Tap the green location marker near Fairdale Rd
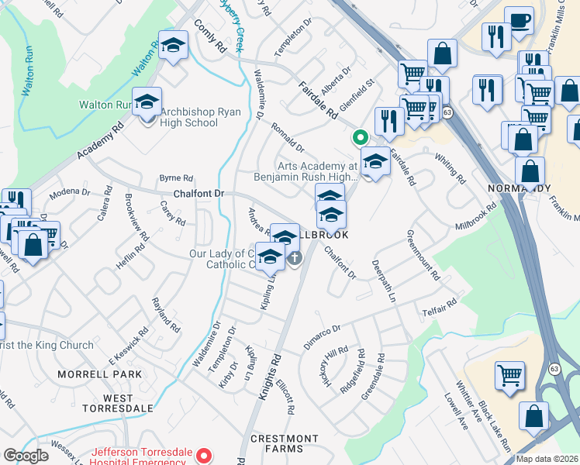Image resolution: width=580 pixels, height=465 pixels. coord(360,138)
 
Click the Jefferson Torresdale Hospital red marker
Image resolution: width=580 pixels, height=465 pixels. coord(205,456)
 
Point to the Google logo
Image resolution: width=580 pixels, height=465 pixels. coord(26,456)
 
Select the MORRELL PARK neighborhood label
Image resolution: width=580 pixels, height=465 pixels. coord(100,374)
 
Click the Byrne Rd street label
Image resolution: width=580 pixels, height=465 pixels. coord(175,177)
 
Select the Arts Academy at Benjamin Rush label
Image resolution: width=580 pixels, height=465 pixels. coord(317,171)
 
